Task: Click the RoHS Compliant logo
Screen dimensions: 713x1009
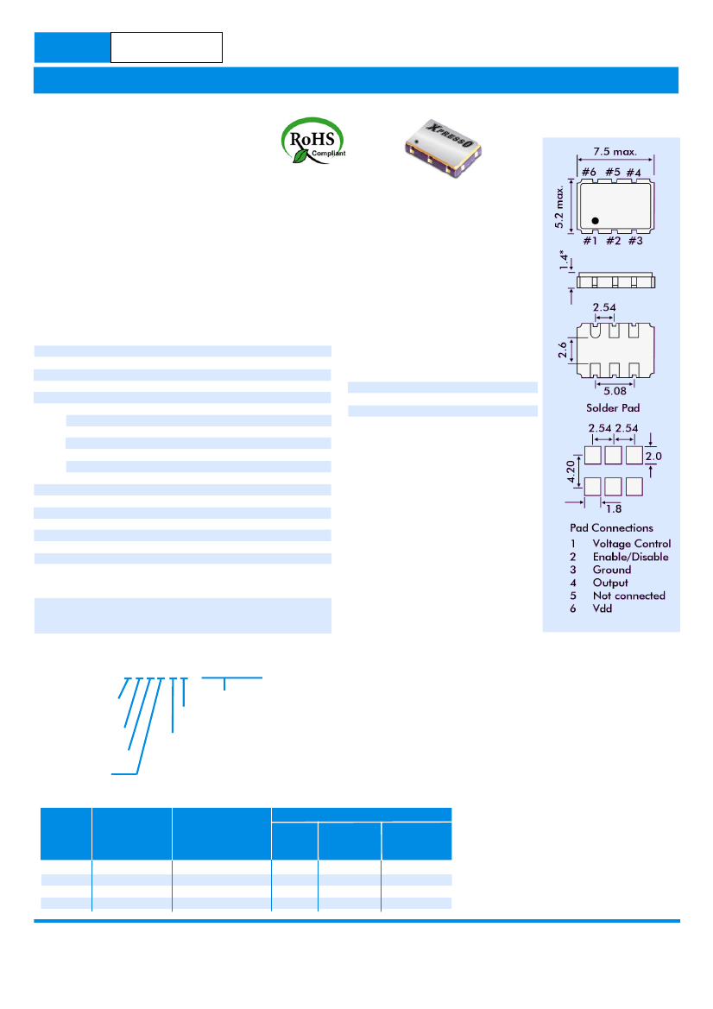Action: [312, 141]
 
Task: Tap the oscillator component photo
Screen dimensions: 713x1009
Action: [443, 148]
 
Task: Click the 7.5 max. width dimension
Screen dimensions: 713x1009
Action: [615, 152]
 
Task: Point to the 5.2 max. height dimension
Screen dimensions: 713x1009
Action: [558, 206]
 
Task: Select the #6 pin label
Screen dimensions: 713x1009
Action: [589, 173]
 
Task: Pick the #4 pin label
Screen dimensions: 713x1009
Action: [634, 173]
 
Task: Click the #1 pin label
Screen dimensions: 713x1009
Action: [590, 241]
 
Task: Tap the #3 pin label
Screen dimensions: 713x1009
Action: [635, 241]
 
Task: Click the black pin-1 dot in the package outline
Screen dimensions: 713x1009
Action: [596, 221]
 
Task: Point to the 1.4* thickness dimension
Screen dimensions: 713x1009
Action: [565, 260]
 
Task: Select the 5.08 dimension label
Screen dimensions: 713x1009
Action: [615, 391]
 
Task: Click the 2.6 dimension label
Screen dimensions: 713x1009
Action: [563, 350]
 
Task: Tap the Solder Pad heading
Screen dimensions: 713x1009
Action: [613, 408]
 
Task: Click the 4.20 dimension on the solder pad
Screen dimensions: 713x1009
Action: [571, 471]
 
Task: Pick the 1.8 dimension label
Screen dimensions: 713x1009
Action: [614, 509]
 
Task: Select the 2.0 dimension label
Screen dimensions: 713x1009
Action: [653, 457]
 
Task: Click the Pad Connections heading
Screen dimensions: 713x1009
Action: [611, 527]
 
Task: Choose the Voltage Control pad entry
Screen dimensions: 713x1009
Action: [632, 544]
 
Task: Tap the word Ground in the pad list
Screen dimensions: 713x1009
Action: [612, 570]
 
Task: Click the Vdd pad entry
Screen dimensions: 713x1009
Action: [603, 609]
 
